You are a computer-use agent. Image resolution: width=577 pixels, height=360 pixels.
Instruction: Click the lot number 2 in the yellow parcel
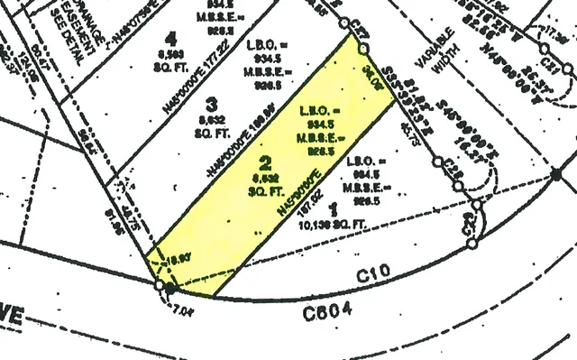(264, 163)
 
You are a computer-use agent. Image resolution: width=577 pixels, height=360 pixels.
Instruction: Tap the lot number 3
(212, 103)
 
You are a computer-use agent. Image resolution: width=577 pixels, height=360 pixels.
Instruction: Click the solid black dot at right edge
(555, 173)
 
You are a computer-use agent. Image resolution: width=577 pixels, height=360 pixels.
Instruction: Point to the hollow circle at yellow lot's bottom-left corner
(160, 286)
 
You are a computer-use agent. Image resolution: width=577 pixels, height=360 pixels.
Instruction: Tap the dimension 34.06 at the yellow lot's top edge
(372, 75)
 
